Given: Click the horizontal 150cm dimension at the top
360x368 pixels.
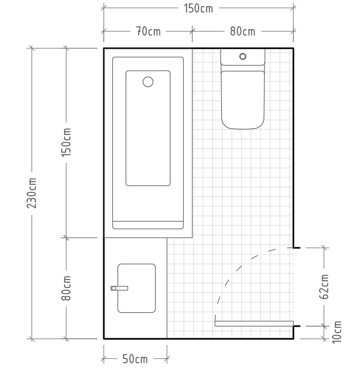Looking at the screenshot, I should (198, 8).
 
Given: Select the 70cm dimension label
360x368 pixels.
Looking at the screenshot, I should (148, 32).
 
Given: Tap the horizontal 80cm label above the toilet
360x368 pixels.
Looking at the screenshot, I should (242, 32).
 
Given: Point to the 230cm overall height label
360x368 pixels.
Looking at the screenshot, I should (32, 193).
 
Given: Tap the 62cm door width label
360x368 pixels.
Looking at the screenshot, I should (324, 286).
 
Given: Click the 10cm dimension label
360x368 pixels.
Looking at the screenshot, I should (336, 332).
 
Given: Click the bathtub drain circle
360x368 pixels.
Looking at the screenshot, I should (148, 82).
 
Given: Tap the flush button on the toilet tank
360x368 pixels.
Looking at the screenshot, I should (242, 57).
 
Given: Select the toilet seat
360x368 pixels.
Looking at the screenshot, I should (243, 100).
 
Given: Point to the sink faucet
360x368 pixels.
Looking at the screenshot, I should (120, 288).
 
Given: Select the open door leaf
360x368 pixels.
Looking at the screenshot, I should (254, 323).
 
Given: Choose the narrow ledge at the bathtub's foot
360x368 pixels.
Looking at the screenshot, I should (148, 225).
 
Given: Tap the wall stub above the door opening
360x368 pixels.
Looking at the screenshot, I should (297, 248).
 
